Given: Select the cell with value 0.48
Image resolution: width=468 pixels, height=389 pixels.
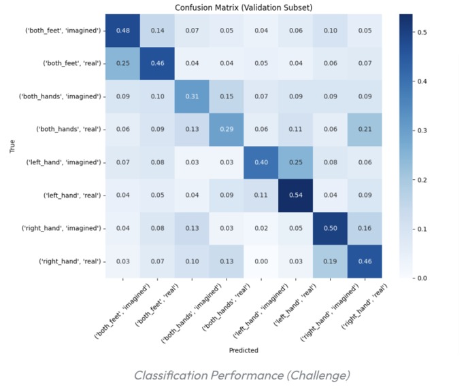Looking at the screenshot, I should click(123, 31).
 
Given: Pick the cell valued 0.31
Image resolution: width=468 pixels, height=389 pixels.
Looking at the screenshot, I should click(192, 96).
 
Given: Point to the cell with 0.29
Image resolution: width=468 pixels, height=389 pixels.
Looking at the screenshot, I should click(227, 130).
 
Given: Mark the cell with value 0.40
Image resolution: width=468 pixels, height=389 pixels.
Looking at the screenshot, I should click(261, 162).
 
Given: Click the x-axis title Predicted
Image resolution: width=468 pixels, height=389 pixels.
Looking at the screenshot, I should click(244, 350).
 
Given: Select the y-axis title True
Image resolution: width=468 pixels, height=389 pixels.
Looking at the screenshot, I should click(12, 146).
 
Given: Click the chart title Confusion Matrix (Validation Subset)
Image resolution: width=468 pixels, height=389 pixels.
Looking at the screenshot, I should click(244, 7).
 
